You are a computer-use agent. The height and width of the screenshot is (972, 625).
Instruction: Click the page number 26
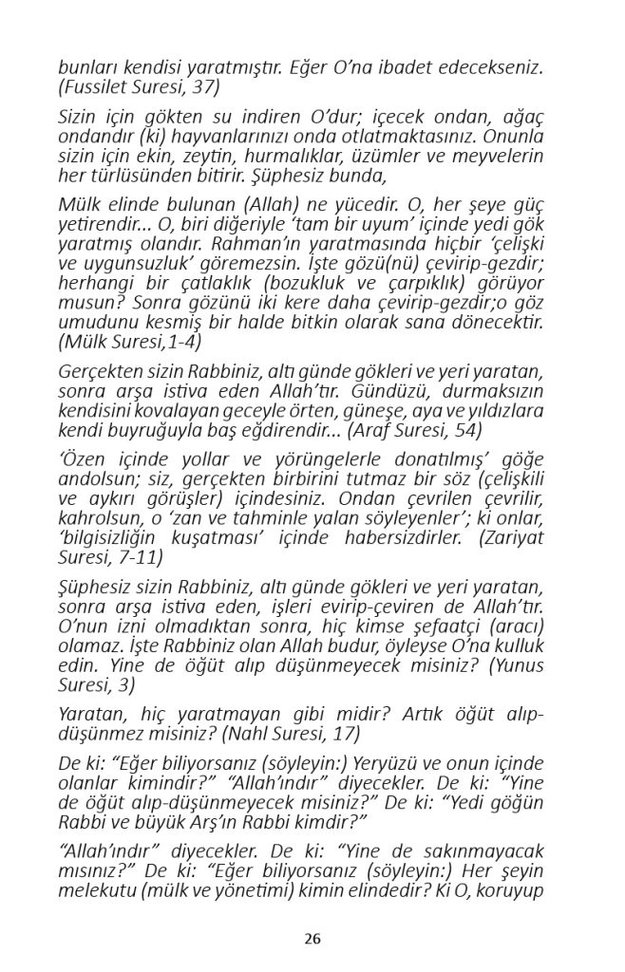tap(312, 939)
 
